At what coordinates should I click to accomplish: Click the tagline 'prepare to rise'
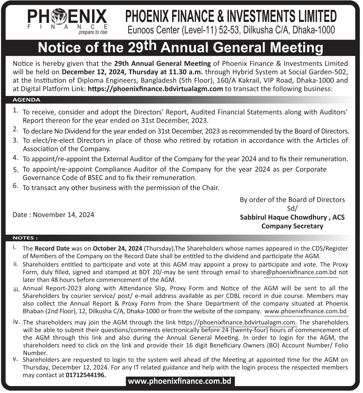(93, 32)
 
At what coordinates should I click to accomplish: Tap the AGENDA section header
(26, 100)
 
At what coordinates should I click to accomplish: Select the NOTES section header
(25, 238)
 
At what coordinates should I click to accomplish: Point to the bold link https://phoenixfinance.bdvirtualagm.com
(155, 89)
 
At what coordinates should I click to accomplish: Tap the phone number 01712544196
(86, 375)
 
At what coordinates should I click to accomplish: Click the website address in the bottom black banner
(179, 381)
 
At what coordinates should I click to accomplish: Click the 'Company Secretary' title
(292, 226)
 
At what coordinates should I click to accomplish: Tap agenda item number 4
(15, 158)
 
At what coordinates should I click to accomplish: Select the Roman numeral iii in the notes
(16, 289)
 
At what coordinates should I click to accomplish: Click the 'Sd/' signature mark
(292, 208)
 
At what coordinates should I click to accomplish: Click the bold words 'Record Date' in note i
(49, 248)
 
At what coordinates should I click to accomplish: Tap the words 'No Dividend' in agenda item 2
(70, 131)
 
